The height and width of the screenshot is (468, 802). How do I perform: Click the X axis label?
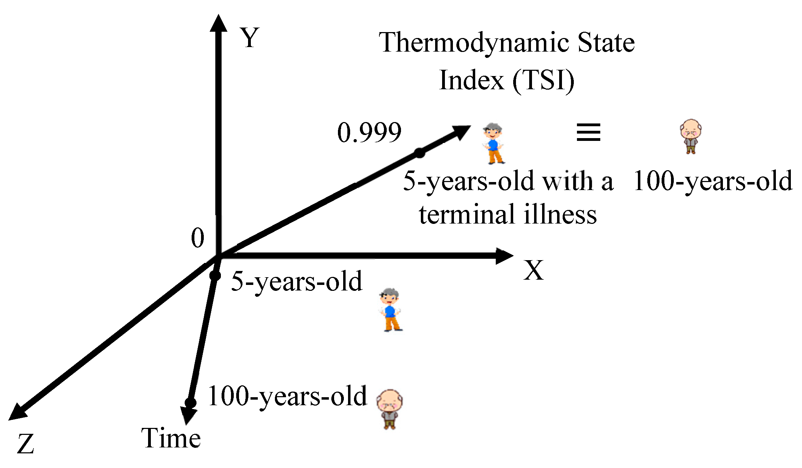point(533,270)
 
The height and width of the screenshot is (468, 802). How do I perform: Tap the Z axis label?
point(25,444)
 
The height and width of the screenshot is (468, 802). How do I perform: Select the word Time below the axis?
point(171,438)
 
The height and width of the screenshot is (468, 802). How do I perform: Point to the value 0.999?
point(369,133)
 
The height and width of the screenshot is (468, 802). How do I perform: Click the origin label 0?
point(198,238)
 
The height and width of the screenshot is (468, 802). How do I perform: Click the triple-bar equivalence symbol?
point(588,133)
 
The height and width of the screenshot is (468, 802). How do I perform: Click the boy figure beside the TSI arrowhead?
point(493,143)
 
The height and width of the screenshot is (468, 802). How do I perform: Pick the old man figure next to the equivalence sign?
point(690,136)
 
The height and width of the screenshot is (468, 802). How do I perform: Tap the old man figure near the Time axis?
point(390,409)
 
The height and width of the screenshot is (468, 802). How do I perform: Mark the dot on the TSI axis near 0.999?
point(419,153)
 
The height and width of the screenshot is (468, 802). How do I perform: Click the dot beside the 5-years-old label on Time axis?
point(215,275)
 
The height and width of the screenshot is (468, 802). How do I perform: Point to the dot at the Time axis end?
point(190,403)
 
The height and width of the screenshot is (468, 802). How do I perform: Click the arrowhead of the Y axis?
point(218,24)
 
